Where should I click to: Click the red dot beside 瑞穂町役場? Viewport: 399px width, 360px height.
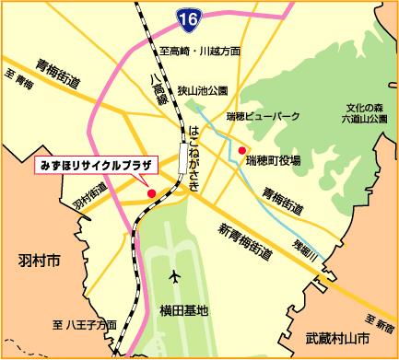[241, 150]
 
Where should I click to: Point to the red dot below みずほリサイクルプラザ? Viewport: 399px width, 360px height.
[151, 193]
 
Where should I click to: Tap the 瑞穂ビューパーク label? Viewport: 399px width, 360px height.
[263, 117]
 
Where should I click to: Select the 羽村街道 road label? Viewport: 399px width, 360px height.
[86, 199]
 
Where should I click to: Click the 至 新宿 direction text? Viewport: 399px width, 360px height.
[375, 326]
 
